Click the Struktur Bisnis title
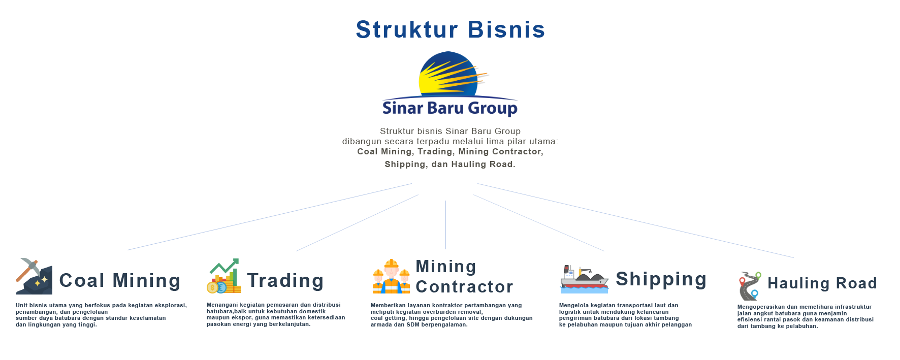(450, 30)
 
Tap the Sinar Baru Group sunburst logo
(450, 84)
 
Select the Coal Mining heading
(119, 281)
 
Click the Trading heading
(285, 281)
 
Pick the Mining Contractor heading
(464, 277)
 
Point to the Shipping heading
(661, 279)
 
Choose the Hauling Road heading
(822, 283)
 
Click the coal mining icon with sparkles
(34, 276)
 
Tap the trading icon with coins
(224, 276)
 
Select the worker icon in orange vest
(391, 276)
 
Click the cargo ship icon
(584, 279)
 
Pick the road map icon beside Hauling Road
(750, 286)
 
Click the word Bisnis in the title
(506, 30)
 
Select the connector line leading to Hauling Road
(635, 220)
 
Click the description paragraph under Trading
(274, 315)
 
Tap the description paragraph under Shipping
(625, 315)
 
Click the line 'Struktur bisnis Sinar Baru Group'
(450, 132)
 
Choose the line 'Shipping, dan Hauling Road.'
(450, 164)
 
